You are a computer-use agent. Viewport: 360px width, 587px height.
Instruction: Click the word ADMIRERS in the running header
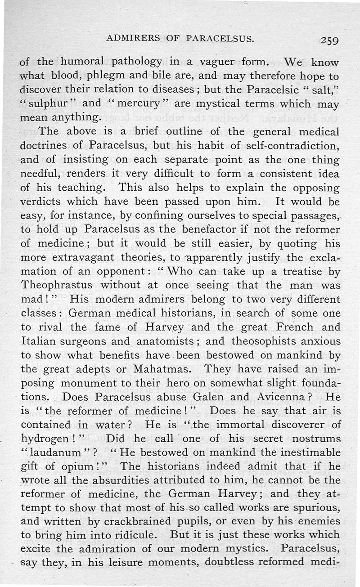pos(133,39)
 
